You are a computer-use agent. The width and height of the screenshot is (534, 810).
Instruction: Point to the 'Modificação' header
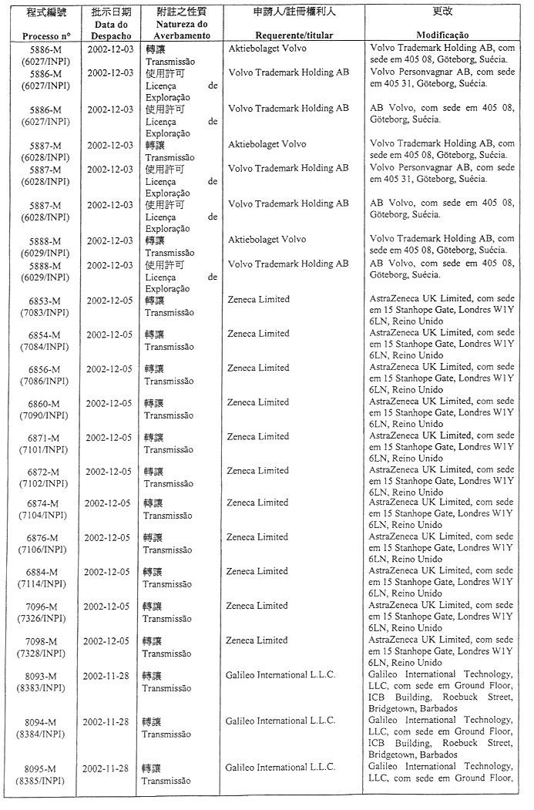pyautogui.click(x=442, y=36)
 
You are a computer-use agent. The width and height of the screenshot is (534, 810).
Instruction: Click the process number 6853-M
pyautogui.click(x=45, y=300)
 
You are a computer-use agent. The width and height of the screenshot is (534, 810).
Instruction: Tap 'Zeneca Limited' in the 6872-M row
pyautogui.click(x=257, y=470)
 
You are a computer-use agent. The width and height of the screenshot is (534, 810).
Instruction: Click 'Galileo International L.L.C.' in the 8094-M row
pyautogui.click(x=280, y=721)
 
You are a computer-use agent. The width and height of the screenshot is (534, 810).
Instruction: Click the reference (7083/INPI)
pyautogui.click(x=44, y=311)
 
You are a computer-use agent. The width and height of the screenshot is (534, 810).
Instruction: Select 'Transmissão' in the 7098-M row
pyautogui.click(x=166, y=653)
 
